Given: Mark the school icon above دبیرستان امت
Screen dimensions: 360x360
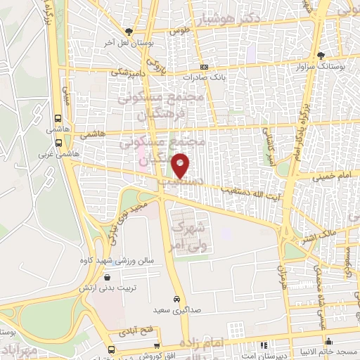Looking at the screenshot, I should coord(263,345).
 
